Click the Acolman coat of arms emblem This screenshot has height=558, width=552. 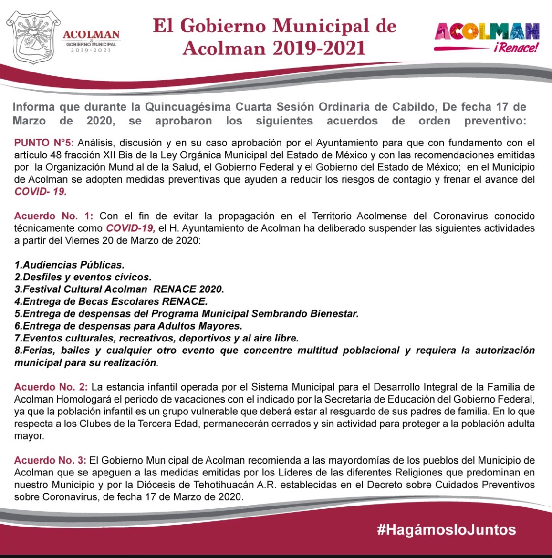(32, 37)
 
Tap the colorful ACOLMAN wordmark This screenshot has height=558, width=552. (487, 32)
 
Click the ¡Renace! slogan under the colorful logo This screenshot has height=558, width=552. (516, 48)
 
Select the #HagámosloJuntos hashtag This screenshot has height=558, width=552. (446, 529)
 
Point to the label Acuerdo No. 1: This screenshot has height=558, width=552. (54, 216)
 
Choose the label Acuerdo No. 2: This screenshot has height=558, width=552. (51, 386)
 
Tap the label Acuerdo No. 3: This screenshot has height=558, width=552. (51, 460)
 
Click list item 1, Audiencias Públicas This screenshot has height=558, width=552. (70, 264)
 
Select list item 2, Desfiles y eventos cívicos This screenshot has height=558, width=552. (83, 277)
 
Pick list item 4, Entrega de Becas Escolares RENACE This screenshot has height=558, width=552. (111, 301)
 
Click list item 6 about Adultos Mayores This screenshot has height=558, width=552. (128, 326)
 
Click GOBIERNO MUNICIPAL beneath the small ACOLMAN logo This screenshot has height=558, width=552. (91, 44)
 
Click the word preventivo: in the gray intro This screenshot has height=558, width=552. (495, 121)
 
